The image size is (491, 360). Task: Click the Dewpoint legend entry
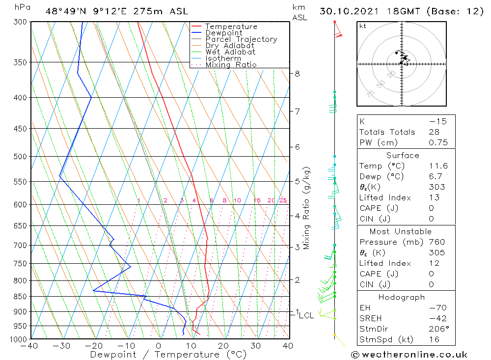224,33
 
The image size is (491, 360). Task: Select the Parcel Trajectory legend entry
241,39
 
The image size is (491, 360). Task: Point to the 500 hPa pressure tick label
20,157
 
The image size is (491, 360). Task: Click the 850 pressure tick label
20,297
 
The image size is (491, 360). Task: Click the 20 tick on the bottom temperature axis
223,346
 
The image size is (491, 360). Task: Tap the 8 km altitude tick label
297,74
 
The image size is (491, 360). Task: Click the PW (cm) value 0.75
438,143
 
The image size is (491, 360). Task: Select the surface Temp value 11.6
438,166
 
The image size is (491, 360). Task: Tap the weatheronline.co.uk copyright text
409,355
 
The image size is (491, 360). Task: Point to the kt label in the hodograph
363,26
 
